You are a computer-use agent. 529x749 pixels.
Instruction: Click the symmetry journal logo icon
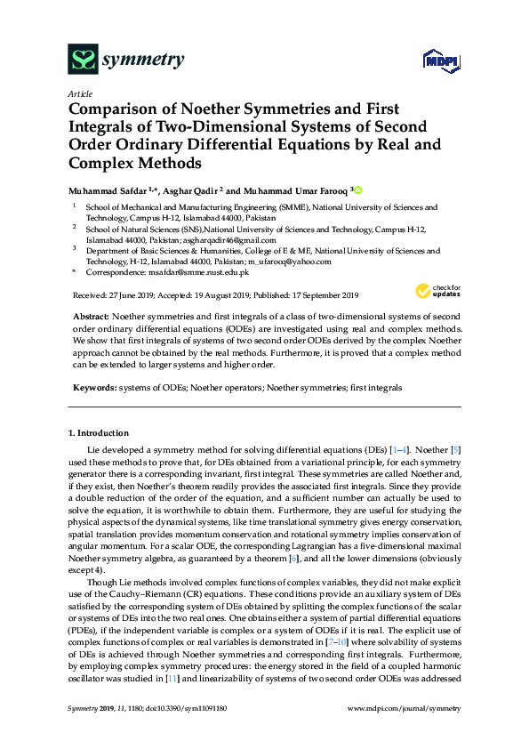point(83,60)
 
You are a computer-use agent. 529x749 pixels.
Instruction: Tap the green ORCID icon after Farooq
point(359,189)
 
